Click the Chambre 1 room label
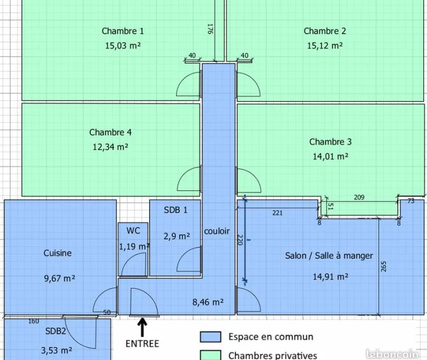pyautogui.click(x=123, y=31)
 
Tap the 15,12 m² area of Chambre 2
pyautogui.click(x=325, y=45)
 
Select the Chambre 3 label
pyautogui.click(x=330, y=142)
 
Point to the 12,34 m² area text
pyautogui.click(x=110, y=147)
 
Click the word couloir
pyautogui.click(x=217, y=231)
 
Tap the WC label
pyautogui.click(x=133, y=231)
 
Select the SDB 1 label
pyautogui.click(x=176, y=210)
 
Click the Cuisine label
pyautogui.click(x=58, y=253)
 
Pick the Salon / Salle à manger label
pyautogui.click(x=329, y=256)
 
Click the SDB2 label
pyautogui.click(x=56, y=331)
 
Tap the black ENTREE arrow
pyautogui.click(x=142, y=327)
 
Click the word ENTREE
pyautogui.click(x=142, y=343)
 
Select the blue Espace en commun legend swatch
pyautogui.click(x=210, y=337)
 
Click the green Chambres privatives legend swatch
pyautogui.click(x=210, y=355)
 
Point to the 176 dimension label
pyautogui.click(x=210, y=29)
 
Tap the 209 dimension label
pyautogui.click(x=359, y=197)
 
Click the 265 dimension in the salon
pyautogui.click(x=384, y=267)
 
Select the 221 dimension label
pyautogui.click(x=278, y=213)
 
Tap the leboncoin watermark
pyautogui.click(x=392, y=354)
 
